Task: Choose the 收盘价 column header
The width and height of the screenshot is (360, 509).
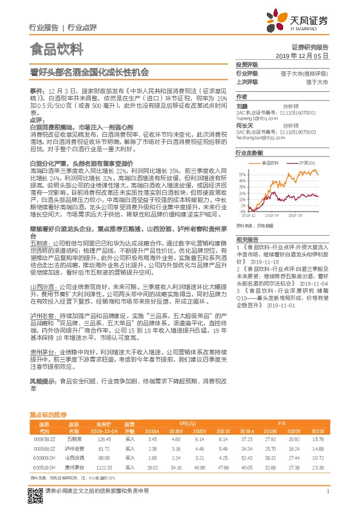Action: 105,424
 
